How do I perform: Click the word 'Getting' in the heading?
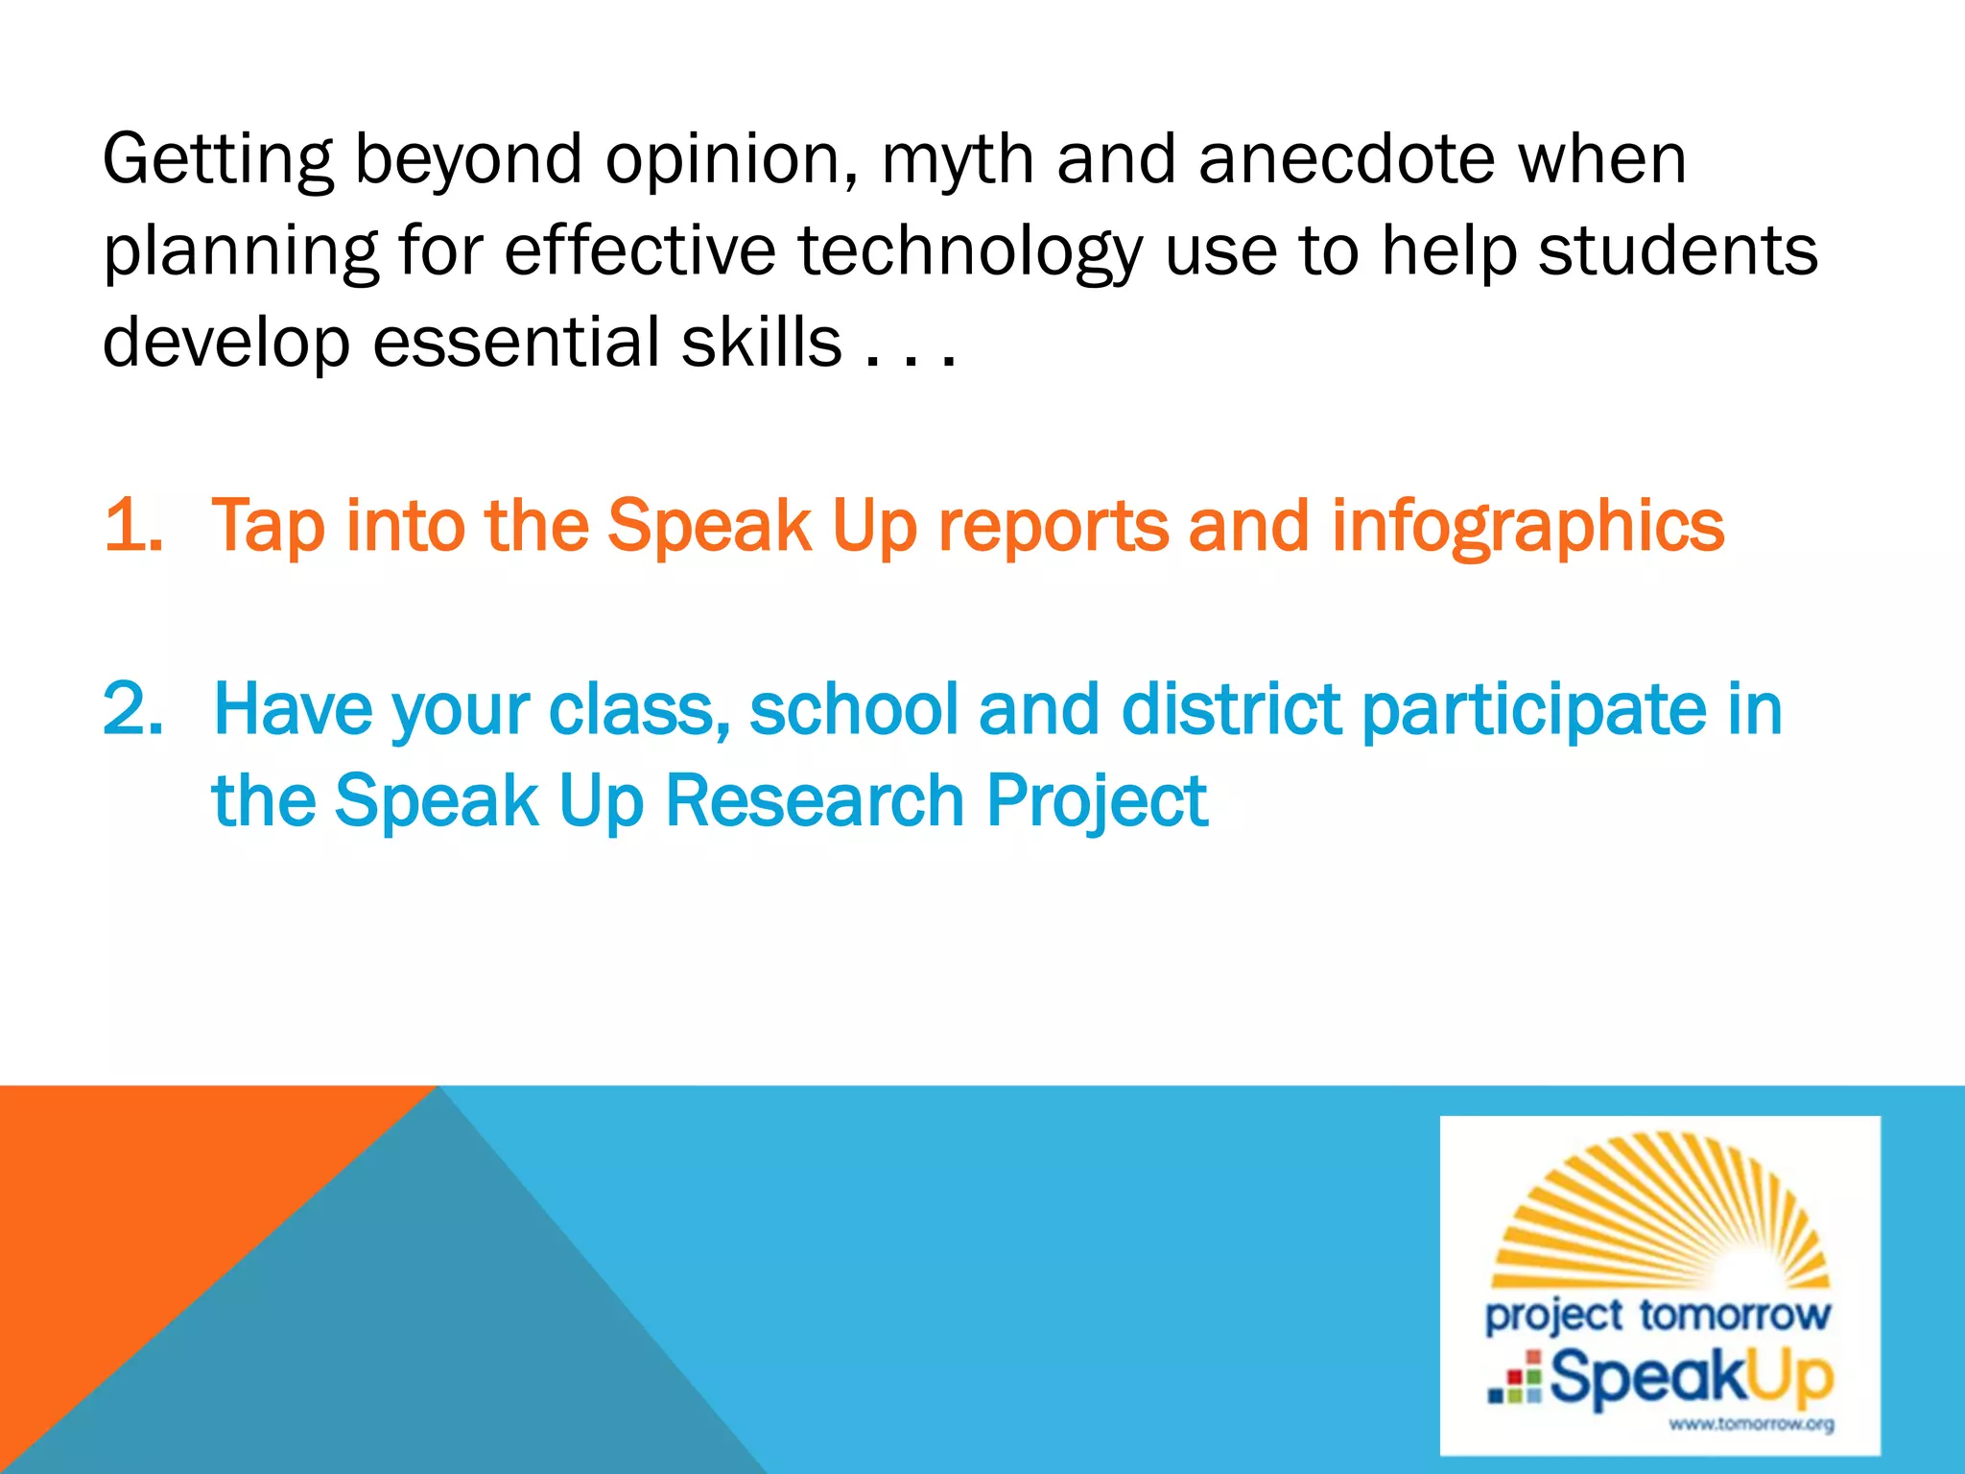pyautogui.click(x=218, y=160)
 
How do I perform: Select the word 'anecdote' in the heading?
pyautogui.click(x=1346, y=158)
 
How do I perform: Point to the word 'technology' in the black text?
pyautogui.click(x=970, y=251)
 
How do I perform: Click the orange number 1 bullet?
pyautogui.click(x=131, y=526)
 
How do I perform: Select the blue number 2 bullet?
pyautogui.click(x=132, y=710)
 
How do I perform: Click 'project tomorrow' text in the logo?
pyautogui.click(x=1658, y=1316)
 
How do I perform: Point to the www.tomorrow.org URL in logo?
pyautogui.click(x=1751, y=1424)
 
